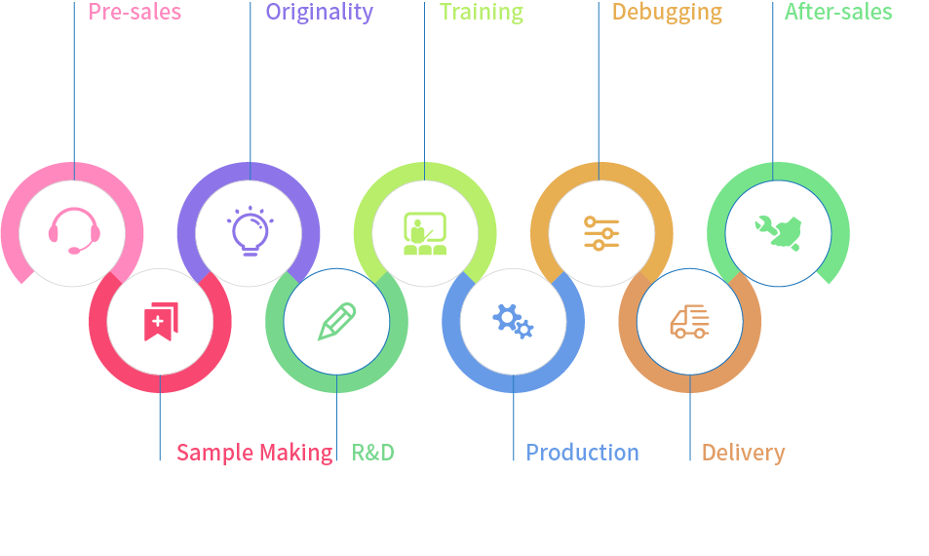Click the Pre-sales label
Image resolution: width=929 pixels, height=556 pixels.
[135, 13]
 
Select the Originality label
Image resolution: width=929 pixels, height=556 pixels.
[319, 13]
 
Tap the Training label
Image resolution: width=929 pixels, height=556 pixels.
[481, 13]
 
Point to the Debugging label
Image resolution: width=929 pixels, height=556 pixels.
[667, 13]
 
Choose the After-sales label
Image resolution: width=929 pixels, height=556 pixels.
[837, 13]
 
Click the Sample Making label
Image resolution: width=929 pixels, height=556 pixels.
[253, 453]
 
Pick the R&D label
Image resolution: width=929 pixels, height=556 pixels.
[372, 453]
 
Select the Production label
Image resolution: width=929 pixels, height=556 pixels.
[582, 453]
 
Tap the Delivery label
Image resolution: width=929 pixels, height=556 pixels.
[743, 453]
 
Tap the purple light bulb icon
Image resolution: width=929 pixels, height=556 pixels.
[249, 231]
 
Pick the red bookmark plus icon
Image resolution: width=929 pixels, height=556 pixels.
[160, 322]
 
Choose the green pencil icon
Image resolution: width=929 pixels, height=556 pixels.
[336, 322]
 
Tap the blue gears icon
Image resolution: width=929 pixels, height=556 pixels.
[513, 321]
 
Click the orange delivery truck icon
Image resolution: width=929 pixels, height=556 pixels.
[689, 322]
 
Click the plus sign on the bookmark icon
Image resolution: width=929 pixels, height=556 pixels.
[158, 320]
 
